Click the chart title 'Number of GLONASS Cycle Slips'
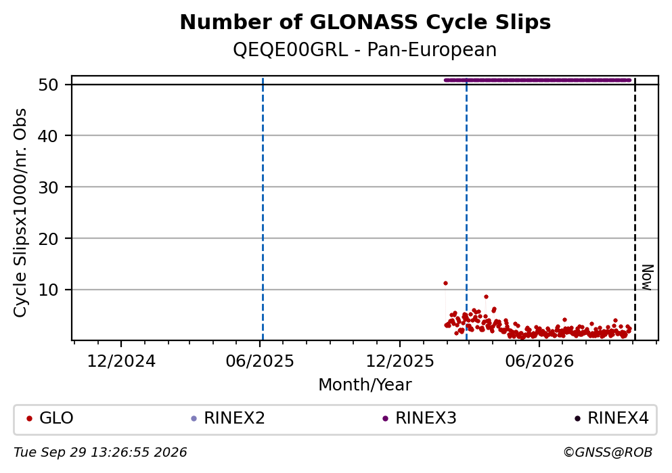(365, 22)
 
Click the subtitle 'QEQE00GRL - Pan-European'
(365, 49)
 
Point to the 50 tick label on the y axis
(49, 85)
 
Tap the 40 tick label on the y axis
(49, 136)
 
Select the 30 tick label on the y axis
(49, 187)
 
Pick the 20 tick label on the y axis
(49, 239)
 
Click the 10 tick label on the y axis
(49, 290)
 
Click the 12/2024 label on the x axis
(121, 361)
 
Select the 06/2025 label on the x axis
(260, 361)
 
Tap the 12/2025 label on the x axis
(400, 361)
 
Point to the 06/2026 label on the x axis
(539, 361)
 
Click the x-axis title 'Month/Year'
(365, 385)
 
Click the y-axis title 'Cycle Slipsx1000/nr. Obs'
(20, 213)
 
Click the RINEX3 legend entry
(420, 418)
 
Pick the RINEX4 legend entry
(612, 418)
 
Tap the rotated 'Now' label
(647, 277)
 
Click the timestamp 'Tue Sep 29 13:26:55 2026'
(100, 453)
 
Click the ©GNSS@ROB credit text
(608, 453)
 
